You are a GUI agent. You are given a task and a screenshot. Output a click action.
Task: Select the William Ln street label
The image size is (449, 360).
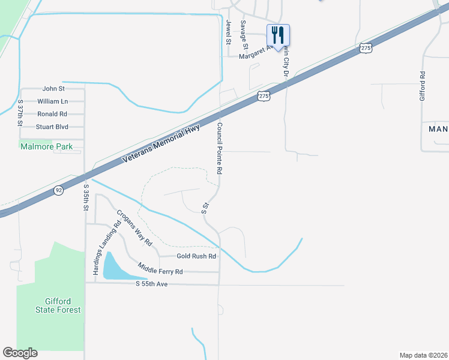(52, 101)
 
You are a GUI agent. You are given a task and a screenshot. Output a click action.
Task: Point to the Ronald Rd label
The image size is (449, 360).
(52, 114)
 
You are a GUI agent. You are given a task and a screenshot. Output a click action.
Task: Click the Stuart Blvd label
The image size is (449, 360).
(52, 127)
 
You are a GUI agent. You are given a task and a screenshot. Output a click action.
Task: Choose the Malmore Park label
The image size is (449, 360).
(46, 146)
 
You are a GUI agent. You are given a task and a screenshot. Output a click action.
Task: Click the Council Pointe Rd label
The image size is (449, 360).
(220, 149)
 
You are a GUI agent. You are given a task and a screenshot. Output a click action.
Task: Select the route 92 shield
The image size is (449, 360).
(58, 190)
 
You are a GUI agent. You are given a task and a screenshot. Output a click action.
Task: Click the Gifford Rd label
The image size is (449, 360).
(423, 86)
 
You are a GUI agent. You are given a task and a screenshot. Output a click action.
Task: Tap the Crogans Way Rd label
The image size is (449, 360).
(134, 228)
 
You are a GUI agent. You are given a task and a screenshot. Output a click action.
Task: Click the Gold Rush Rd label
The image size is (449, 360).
(196, 256)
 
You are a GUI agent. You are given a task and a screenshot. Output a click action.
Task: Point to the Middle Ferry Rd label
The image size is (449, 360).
(160, 268)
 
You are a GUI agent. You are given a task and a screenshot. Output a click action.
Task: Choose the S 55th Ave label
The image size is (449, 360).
(151, 283)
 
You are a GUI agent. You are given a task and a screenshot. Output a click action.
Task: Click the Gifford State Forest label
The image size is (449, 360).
(58, 305)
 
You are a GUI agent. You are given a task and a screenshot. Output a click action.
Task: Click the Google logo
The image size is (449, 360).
(20, 353)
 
